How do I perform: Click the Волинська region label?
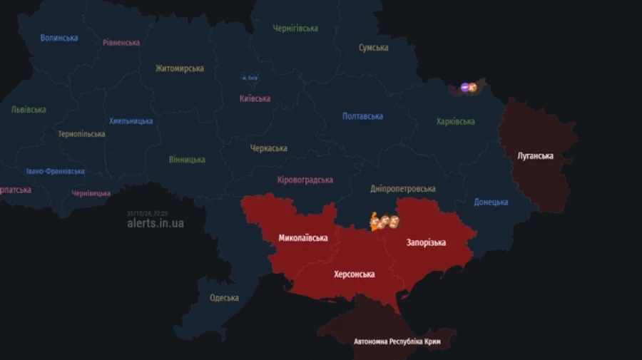click(59, 38)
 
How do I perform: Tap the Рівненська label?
click(121, 43)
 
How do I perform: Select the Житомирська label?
click(180, 69)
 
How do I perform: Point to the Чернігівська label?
click(295, 29)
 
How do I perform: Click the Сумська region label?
click(373, 48)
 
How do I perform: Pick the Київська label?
click(255, 99)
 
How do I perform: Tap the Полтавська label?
click(362, 116)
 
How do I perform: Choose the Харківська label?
click(455, 121)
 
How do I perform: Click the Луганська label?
click(535, 155)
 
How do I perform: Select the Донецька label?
click(491, 202)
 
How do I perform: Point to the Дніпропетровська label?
click(403, 189)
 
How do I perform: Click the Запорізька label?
click(426, 242)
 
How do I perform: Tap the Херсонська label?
click(355, 274)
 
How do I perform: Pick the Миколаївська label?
click(303, 238)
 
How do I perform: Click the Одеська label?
click(224, 298)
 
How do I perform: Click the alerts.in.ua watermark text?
click(155, 223)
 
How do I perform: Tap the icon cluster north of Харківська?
click(469, 88)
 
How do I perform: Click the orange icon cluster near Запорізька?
click(384, 222)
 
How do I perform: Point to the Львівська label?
click(29, 110)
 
